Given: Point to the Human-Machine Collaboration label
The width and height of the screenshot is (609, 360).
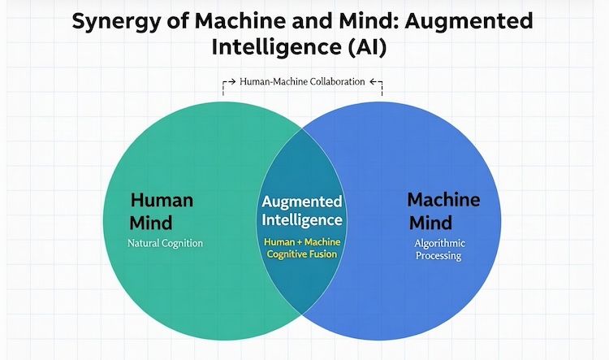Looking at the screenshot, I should tap(303, 82).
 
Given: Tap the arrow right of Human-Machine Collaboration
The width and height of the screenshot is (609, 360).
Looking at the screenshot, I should tap(375, 82).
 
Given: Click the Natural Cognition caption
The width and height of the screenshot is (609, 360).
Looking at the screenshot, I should tap(165, 243).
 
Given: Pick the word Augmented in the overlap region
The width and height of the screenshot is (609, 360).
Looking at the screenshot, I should tap(302, 201).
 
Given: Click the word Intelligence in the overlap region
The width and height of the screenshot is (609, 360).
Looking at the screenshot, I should tap(302, 219).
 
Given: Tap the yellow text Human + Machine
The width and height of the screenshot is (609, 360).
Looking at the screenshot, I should tap(302, 241).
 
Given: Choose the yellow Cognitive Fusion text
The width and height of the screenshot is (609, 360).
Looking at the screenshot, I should tap(302, 254).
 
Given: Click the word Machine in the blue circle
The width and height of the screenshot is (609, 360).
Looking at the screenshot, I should tap(443, 200).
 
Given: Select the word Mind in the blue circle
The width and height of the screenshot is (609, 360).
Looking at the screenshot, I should tap(430, 222).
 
